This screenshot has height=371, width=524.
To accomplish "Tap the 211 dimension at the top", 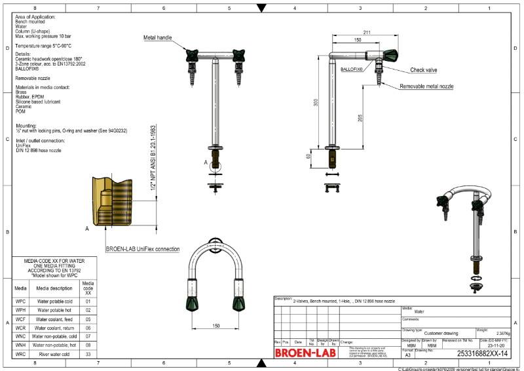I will pos(366,32).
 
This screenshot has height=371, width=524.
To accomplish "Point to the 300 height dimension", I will pos(316,103).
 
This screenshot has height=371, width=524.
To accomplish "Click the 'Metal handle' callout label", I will pos(158,38).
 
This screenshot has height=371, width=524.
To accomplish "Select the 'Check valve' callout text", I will pos(423,69).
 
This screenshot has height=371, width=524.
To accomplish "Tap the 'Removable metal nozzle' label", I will pos(427,87).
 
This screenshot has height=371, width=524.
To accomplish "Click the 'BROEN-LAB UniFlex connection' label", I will pos(143,249).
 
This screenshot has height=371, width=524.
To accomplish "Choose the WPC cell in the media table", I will pos(20,302).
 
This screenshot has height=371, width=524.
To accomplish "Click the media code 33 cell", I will pos(88,354).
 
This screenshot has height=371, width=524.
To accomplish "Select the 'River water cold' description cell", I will pos(54,354).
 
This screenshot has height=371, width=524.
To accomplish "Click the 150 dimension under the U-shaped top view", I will pos(215,325).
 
